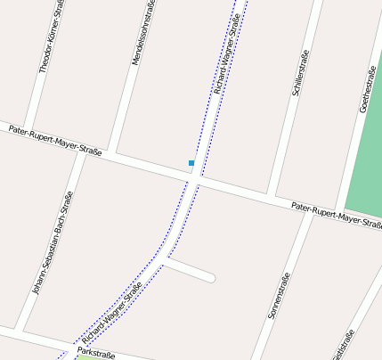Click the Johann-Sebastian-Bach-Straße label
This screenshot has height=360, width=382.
click(53, 242)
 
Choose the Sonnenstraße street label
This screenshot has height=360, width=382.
click(279, 296)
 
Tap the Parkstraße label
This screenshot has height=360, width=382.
click(96, 354)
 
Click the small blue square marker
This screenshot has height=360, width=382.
click(191, 163)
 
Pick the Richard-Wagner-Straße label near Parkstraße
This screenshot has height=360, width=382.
click(112, 314)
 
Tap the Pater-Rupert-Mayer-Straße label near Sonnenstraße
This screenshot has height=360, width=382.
click(337, 215)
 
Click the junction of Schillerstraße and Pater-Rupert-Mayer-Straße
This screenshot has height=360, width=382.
click(272, 194)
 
